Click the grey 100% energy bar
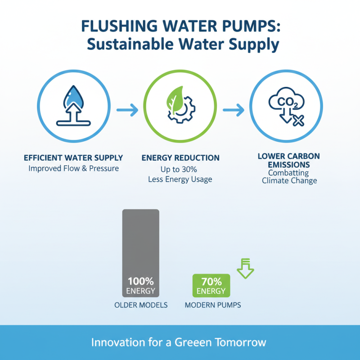tap(141, 252)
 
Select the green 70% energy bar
tap(211, 286)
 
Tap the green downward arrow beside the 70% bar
tap(245, 269)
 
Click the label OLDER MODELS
tap(141, 305)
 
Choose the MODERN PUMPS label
tap(213, 305)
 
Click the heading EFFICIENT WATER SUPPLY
tap(73, 158)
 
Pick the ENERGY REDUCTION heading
tap(180, 158)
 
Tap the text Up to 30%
tap(180, 170)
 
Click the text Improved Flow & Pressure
tap(73, 169)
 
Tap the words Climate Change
tap(289, 181)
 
